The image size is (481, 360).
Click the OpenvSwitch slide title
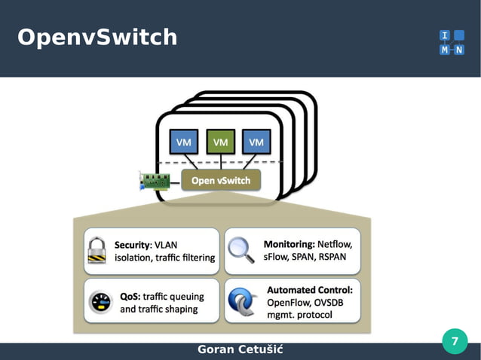pos(97,37)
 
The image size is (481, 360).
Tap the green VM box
pos(220,142)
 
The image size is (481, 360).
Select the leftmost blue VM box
pos(183,142)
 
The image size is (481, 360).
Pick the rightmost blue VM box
pos(256,142)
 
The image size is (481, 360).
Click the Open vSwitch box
pos(221,180)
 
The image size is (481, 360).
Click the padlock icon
pos(97,250)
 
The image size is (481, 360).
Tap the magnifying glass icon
pos(241,249)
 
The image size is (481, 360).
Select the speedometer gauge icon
pos(100,301)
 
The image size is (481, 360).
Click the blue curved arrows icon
pos(243,301)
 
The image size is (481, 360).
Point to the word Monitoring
pos(289,244)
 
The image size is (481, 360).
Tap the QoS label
pos(129,296)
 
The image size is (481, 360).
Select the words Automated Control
pos(310,288)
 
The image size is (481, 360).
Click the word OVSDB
pos(333,302)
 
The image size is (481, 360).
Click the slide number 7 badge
pos(454,341)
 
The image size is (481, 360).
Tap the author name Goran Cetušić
pos(240,350)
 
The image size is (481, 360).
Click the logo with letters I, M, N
pos(451,42)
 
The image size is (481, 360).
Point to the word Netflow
pos(335,244)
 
